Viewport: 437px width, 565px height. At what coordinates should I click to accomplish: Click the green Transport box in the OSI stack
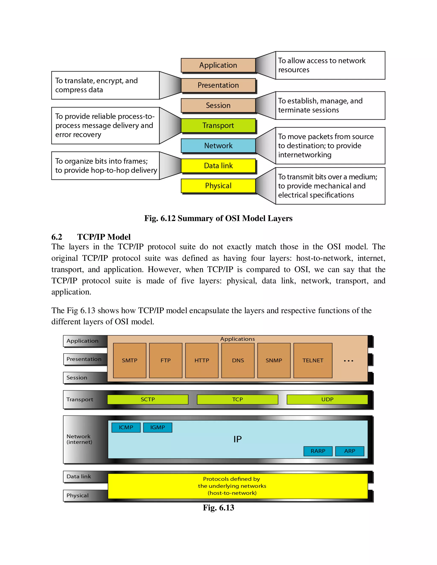pos(218,125)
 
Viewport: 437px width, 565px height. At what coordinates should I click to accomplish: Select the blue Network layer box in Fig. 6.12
pos(218,146)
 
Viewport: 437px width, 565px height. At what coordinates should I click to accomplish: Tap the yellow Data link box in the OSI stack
pos(218,166)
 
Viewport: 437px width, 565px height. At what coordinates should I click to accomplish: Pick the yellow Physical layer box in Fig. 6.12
pos(218,186)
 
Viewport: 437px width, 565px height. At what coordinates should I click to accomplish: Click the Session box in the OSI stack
pos(218,105)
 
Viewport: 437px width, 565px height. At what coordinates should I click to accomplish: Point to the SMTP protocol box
pos(130,360)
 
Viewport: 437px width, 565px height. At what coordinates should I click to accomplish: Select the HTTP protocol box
pos(202,360)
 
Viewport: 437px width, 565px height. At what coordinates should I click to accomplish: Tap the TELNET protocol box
pos(313,360)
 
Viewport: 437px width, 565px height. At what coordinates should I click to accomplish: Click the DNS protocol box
pos(238,360)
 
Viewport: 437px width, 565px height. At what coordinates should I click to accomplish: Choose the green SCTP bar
pos(148,399)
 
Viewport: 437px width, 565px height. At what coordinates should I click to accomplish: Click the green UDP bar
pos(327,399)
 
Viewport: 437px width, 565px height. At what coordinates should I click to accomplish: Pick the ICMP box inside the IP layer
pos(126,427)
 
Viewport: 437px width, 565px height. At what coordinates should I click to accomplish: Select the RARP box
pos(318,451)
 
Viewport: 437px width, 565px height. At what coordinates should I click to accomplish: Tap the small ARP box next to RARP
pos(350,451)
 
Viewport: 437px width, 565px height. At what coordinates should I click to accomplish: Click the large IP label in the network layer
pos(237,439)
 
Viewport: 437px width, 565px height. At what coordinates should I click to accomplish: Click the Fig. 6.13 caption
pos(218,508)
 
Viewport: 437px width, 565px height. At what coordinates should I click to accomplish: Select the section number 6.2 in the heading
pos(57,237)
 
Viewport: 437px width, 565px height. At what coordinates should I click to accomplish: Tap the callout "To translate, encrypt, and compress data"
pos(105,85)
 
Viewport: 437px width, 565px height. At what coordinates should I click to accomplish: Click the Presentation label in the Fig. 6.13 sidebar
pos(84,359)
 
